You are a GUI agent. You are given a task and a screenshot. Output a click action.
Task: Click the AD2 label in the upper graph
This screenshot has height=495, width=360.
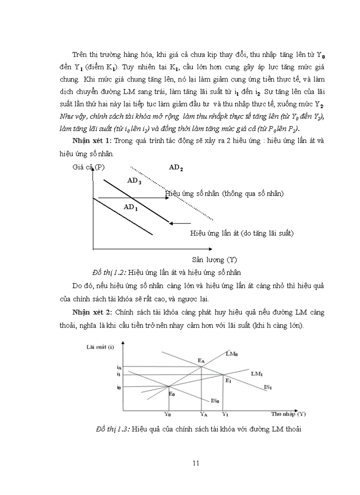click(x=176, y=167)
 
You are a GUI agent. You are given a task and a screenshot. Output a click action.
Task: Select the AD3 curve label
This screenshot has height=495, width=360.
click(x=134, y=180)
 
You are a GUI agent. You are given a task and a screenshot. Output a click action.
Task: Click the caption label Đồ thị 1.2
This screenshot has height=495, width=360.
click(x=106, y=272)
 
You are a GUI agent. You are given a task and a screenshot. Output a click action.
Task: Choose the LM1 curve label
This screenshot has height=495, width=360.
click(x=257, y=374)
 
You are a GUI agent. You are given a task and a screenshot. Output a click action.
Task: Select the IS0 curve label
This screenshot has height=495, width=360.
click(x=215, y=401)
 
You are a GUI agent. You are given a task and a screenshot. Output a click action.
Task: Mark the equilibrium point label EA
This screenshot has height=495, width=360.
click(x=201, y=361)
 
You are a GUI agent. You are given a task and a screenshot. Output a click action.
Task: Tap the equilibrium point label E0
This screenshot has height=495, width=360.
click(x=172, y=393)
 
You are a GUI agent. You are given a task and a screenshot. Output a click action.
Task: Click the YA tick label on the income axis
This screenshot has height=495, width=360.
click(x=203, y=414)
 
